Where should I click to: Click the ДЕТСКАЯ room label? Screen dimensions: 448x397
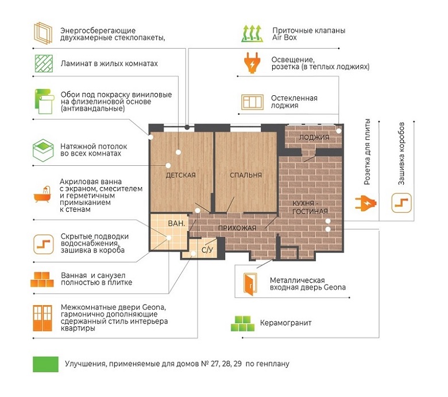coord(180,175)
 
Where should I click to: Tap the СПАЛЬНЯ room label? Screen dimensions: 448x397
coord(246,175)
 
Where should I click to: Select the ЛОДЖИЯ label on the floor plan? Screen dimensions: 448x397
coord(314,137)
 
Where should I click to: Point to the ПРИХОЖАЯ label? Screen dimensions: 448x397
coord(237,228)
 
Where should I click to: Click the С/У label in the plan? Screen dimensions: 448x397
coord(207,250)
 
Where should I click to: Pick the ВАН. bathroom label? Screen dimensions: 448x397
coord(176,223)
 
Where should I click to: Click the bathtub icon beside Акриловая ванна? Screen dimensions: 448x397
coord(43,194)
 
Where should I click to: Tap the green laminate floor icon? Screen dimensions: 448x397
coord(44,63)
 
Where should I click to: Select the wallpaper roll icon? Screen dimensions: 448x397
coord(44,102)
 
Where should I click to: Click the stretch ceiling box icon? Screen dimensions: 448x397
coord(43,150)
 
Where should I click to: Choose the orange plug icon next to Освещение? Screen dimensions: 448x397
coord(252,63)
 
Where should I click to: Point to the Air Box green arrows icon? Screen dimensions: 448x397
coord(252,34)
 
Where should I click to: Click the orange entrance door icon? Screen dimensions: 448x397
coord(250,284)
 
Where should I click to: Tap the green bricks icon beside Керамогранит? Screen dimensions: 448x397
coord(242,324)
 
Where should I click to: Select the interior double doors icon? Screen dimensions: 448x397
coord(43,318)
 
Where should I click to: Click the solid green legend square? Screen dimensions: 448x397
coord(46,364)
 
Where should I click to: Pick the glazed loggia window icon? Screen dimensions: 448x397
coord(252,102)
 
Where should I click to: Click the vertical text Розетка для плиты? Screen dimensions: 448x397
coord(367,152)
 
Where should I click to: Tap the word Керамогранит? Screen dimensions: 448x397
coord(285,323)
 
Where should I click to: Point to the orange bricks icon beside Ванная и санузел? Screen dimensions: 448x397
coord(43,279)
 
